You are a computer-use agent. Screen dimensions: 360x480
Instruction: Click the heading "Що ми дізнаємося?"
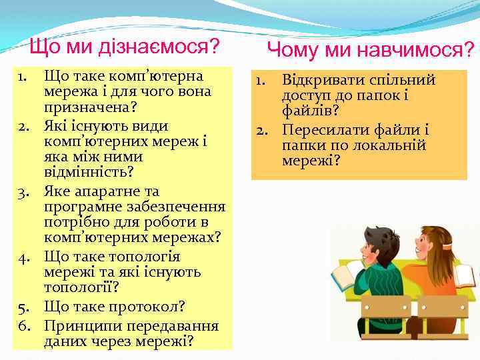[125, 47]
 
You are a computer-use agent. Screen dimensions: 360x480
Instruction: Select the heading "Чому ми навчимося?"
[371, 49]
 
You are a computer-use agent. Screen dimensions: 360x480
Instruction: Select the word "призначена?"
[87, 107]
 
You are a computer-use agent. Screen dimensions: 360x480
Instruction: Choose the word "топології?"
[81, 288]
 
